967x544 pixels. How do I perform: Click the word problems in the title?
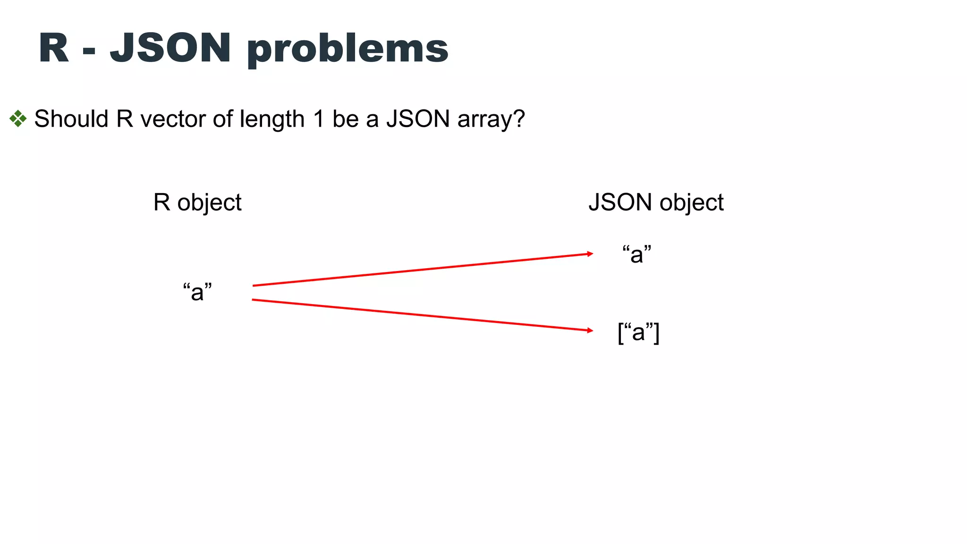tap(347, 49)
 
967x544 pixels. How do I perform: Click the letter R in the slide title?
tap(54, 48)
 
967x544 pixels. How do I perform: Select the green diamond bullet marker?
tap(18, 119)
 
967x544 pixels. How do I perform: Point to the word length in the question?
tap(272, 119)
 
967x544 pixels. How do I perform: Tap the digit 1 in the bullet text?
tap(319, 119)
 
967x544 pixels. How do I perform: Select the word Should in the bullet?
tap(71, 119)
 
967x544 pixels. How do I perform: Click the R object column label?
tap(197, 203)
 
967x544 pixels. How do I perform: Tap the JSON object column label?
tap(656, 203)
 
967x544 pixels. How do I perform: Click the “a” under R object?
tap(197, 291)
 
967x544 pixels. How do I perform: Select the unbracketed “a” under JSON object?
tap(636, 254)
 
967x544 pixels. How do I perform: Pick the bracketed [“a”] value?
tap(638, 332)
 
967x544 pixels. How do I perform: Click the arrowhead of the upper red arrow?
tap(590, 254)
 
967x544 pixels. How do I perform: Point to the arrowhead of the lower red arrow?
tap(590, 331)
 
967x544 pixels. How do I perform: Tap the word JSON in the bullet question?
tap(418, 119)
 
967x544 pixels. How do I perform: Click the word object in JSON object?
tap(691, 203)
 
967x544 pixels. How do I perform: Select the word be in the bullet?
tap(346, 119)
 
